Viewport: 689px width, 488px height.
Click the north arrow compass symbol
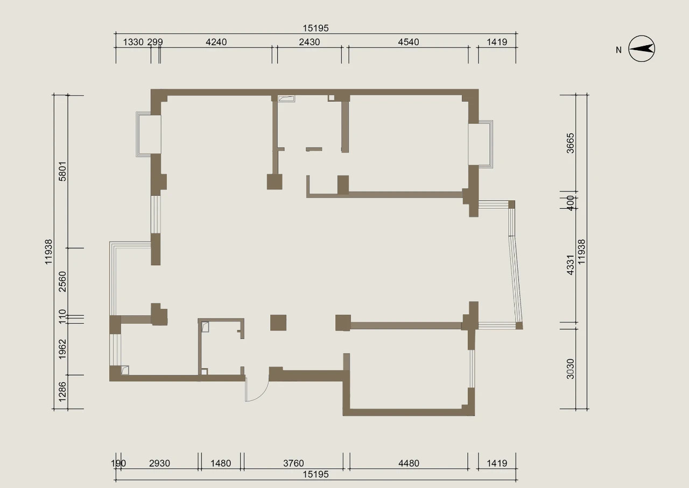click(641, 48)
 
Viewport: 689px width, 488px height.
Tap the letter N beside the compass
click(618, 50)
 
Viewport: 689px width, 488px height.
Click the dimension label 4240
click(216, 42)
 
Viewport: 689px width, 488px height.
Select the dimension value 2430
click(310, 42)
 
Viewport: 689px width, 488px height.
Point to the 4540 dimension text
click(409, 42)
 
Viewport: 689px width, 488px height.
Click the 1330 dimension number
click(133, 42)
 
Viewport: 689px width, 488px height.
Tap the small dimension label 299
click(155, 42)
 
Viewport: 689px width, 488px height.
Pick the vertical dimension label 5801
click(62, 171)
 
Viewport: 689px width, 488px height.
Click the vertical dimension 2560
click(62, 282)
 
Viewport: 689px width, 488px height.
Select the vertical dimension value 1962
click(62, 349)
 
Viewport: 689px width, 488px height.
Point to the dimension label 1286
click(62, 392)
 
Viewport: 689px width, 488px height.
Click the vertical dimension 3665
click(570, 143)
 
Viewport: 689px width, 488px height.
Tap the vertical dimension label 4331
click(570, 265)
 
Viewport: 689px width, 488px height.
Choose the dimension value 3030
click(570, 369)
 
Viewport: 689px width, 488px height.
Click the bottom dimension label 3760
click(293, 463)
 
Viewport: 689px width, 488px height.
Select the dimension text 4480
click(409, 463)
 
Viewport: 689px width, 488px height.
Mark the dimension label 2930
click(160, 463)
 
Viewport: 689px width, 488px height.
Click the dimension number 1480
click(221, 463)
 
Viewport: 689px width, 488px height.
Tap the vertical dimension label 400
click(570, 203)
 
